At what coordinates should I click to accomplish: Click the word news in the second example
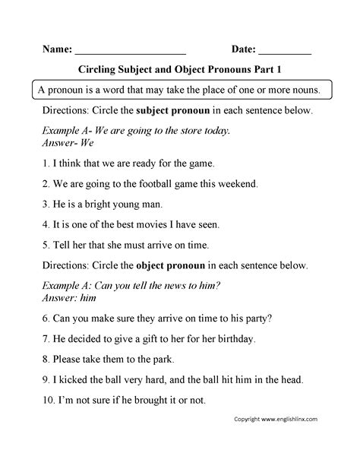click(192, 286)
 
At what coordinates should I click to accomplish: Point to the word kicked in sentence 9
click(74, 379)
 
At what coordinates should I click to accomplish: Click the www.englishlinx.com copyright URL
click(297, 439)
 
